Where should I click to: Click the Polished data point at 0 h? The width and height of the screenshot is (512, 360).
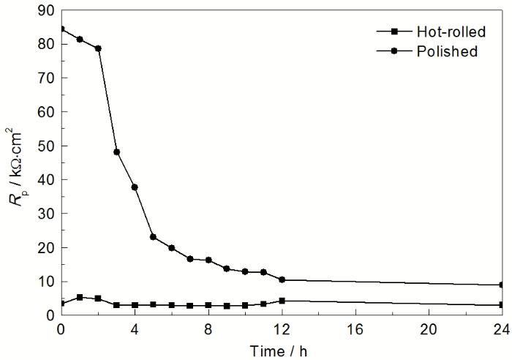61,29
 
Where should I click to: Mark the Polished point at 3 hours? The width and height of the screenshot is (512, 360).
116,152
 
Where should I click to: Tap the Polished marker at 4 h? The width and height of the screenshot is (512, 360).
135,187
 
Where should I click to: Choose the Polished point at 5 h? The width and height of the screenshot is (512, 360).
153,237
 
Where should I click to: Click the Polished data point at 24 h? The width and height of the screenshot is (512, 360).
502,285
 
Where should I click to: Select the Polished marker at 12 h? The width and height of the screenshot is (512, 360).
282,280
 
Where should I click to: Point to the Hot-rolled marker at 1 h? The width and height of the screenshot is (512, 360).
80,297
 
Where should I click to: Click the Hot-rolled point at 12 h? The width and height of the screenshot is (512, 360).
282,301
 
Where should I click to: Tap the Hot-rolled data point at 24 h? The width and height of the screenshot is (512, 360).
502,305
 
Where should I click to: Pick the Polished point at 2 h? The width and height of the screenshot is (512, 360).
98,48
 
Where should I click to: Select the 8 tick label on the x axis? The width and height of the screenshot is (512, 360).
208,328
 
